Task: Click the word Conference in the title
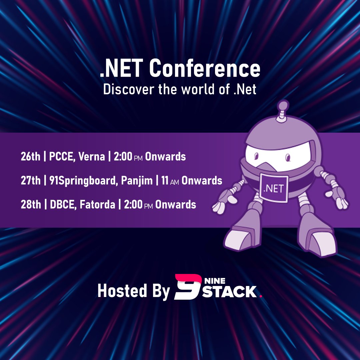tap(204, 69)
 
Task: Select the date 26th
tap(30, 156)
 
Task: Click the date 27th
tap(30, 180)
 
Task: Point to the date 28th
tap(30, 204)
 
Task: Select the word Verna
tap(90, 156)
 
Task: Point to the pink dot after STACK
tap(261, 296)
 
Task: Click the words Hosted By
tap(133, 291)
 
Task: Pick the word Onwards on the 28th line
tap(176, 204)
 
